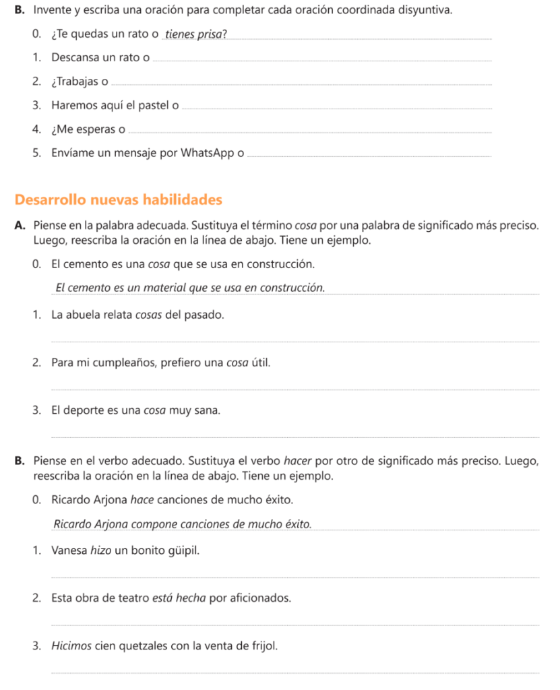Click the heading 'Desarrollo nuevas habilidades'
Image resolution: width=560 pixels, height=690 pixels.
click(118, 200)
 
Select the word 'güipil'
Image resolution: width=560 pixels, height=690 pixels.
click(183, 551)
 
